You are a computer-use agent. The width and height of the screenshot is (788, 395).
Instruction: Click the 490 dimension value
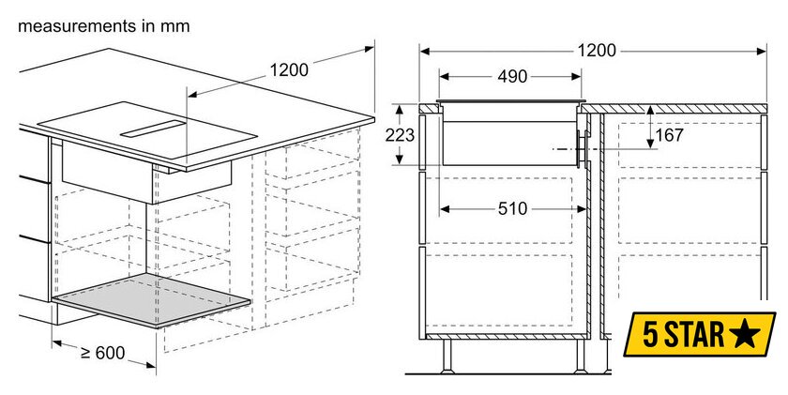512,77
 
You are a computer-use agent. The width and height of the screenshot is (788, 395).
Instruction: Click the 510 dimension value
512,208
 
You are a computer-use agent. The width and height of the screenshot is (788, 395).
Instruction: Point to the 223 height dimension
400,135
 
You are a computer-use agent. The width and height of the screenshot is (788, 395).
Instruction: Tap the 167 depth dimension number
670,135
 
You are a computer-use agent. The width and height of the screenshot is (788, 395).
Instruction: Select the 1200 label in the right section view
596,51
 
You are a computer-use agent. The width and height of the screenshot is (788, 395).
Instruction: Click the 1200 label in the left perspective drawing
289,69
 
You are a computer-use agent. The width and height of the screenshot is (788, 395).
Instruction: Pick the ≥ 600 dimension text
102,353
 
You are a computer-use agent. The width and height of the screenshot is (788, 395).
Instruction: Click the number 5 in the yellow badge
650,335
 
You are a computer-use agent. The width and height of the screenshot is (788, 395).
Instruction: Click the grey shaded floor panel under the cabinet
151,300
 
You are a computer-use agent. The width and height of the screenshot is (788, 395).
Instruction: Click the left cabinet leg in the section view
447,356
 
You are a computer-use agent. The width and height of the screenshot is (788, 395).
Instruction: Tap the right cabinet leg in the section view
581,356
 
